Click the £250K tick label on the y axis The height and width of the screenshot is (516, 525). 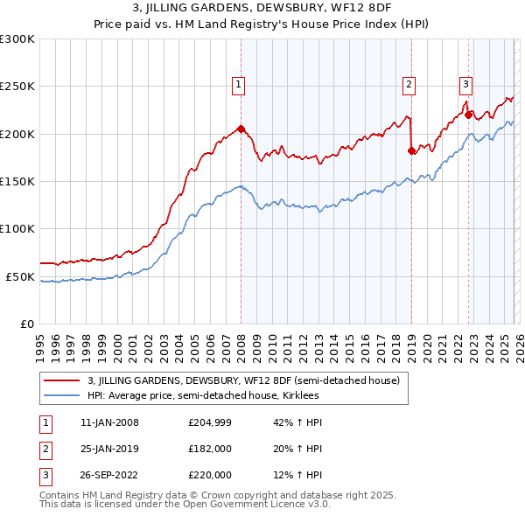(17, 87)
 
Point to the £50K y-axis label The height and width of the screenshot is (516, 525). (20, 276)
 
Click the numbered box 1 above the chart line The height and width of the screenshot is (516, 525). (238, 85)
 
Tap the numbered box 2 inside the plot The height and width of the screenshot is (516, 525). (409, 85)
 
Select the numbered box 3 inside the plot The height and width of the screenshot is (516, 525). (466, 85)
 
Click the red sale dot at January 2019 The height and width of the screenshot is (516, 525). (411, 150)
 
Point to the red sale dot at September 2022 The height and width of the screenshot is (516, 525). (468, 115)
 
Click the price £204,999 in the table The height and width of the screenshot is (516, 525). (210, 422)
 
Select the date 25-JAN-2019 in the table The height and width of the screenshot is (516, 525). (109, 449)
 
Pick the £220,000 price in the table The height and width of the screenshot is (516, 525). (210, 475)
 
